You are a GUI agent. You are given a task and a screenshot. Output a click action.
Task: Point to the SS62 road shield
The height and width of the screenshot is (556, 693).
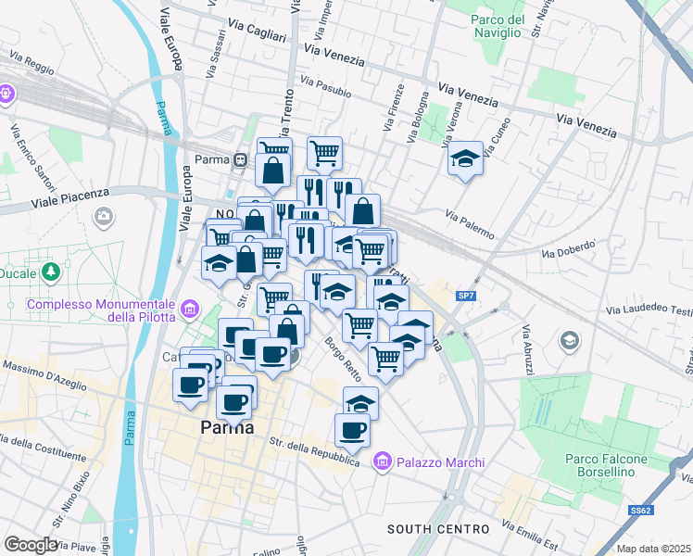[640, 510]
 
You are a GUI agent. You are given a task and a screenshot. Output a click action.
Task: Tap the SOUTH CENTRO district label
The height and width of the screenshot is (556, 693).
[437, 529]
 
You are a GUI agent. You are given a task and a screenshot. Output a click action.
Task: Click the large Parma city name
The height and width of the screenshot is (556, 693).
[228, 428]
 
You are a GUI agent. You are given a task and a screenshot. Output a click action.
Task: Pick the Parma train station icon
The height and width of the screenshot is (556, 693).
[240, 159]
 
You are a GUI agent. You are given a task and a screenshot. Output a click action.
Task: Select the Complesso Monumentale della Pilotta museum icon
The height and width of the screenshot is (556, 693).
[190, 308]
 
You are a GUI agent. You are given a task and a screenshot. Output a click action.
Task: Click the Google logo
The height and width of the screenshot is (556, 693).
[31, 545]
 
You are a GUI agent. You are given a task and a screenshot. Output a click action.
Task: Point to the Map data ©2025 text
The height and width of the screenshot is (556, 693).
[653, 549]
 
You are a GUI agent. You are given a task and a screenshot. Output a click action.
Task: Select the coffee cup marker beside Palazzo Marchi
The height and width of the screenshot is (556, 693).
[352, 430]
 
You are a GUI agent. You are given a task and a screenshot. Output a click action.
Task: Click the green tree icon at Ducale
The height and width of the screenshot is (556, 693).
[52, 271]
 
